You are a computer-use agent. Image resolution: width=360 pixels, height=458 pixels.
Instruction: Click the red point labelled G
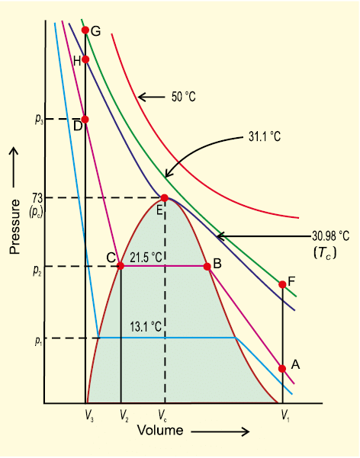pyautogui.click(x=85, y=31)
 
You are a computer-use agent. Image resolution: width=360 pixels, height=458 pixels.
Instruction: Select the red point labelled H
pyautogui.click(x=85, y=59)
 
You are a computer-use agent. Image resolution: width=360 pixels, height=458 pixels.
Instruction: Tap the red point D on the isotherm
pyautogui.click(x=85, y=119)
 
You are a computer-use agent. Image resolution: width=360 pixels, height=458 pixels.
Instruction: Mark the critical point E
pyautogui.click(x=164, y=198)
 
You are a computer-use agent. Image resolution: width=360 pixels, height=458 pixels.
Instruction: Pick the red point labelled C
pyautogui.click(x=121, y=265)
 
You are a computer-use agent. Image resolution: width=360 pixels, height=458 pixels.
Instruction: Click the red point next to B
pyautogui.click(x=207, y=266)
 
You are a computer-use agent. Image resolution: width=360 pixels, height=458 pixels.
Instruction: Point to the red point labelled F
pyautogui.click(x=282, y=284)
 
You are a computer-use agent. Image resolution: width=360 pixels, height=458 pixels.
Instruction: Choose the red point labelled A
pyautogui.click(x=282, y=368)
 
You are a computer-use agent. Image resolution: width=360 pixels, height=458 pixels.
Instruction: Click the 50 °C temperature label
pyautogui.click(x=187, y=98)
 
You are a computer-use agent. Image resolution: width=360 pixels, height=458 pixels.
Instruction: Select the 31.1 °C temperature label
pyautogui.click(x=265, y=137)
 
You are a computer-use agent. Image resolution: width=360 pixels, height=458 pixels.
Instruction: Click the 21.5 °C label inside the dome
pyautogui.click(x=146, y=257)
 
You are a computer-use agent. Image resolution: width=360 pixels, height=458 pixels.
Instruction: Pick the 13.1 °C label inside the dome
pyautogui.click(x=146, y=327)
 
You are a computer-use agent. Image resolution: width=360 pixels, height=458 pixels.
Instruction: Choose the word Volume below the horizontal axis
pyautogui.click(x=160, y=431)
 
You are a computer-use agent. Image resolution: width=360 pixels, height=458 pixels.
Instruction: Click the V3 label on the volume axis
pyautogui.click(x=85, y=415)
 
